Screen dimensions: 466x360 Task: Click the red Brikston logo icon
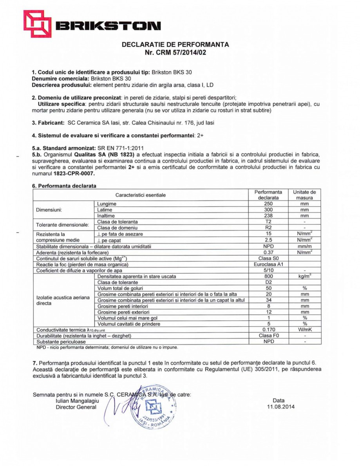click(38, 24)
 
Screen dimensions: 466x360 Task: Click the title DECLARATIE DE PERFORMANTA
click(175, 45)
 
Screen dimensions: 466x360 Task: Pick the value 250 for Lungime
click(268, 204)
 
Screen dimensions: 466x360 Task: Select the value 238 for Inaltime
click(268, 216)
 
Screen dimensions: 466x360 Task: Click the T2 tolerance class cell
click(268, 222)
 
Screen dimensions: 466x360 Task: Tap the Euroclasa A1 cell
click(268, 264)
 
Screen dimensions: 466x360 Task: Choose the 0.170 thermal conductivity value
click(268, 330)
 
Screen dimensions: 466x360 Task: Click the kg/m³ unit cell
click(304, 276)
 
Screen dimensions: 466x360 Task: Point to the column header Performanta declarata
click(268, 195)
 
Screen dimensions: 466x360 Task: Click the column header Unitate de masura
click(304, 195)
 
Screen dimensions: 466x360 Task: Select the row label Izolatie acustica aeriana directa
click(63, 300)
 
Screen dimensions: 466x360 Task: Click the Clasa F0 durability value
click(268, 336)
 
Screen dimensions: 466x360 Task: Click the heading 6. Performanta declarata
click(64, 186)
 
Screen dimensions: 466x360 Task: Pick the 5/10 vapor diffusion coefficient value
click(268, 270)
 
